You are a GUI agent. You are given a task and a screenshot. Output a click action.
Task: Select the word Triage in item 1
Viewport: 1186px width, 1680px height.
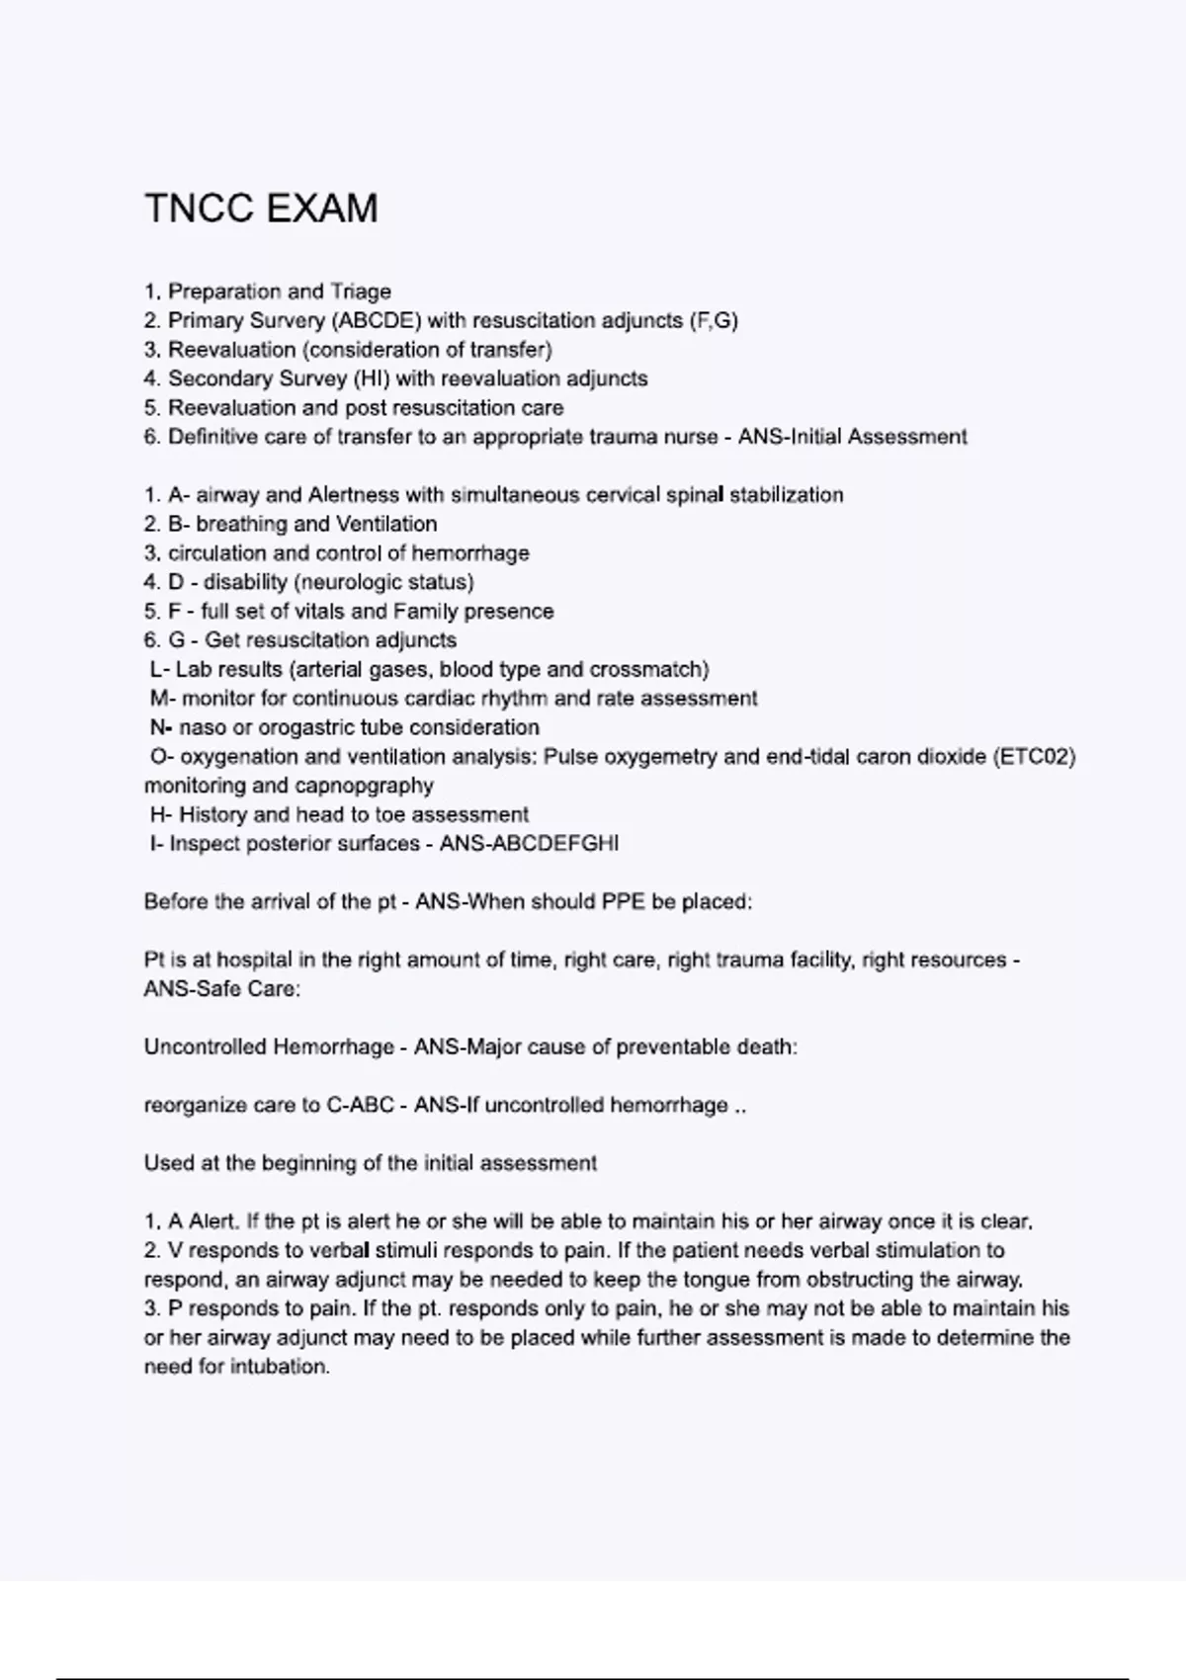(x=361, y=292)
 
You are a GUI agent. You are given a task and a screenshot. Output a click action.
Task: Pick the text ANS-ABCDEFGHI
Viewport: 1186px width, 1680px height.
(x=530, y=844)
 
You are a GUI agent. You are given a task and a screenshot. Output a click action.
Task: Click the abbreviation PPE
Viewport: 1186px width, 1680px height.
(x=624, y=902)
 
